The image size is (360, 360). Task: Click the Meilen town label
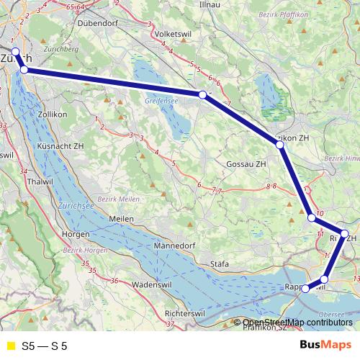click(121, 218)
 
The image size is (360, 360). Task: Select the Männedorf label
click(174, 246)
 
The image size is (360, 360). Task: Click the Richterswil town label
click(186, 315)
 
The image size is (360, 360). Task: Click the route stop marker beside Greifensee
click(203, 94)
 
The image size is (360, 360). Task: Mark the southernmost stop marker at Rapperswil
click(306, 289)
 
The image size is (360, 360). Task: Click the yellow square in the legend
click(10, 346)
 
